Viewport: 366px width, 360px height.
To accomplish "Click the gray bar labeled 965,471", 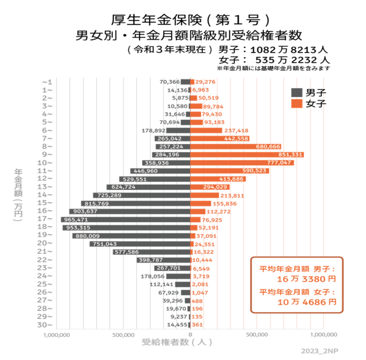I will pos(126,220).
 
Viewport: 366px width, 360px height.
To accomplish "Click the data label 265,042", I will pos(170,138).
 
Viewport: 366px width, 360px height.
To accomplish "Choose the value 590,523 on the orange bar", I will pos(255,171).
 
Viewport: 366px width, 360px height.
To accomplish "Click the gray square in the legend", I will pos(297,93).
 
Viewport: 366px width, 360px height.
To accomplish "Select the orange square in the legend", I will pos(297,103).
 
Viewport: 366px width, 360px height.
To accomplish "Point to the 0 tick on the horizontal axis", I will pos(191,335).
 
